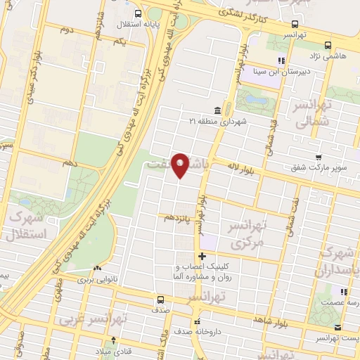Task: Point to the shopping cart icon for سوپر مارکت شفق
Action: pyautogui.click(x=319, y=157)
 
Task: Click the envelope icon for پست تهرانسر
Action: pyautogui.click(x=338, y=328)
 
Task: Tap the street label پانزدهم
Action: pyautogui.click(x=178, y=218)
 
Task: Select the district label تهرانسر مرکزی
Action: pyautogui.click(x=247, y=236)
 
